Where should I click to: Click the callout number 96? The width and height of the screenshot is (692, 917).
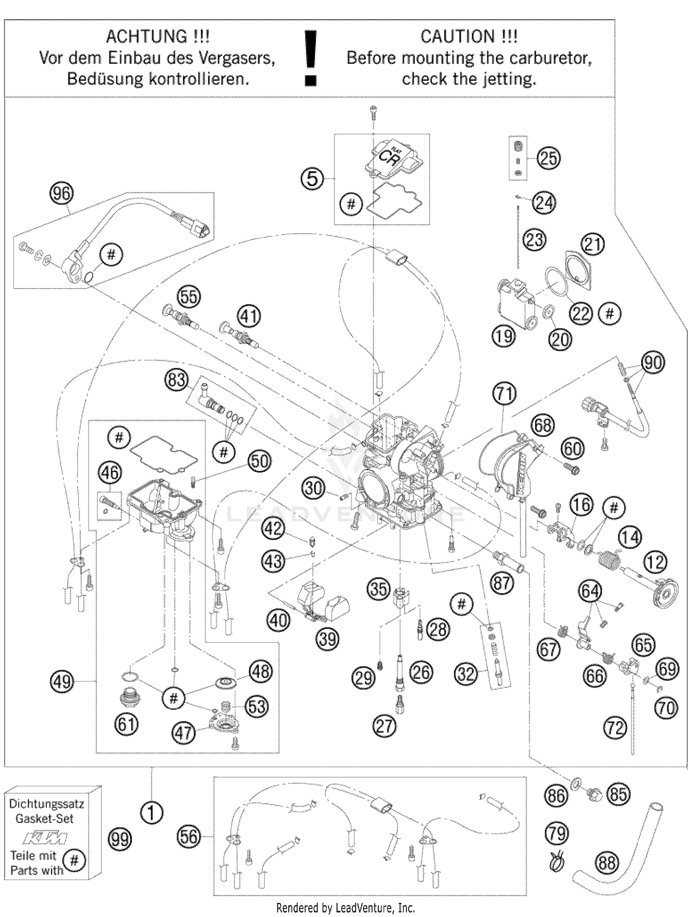click(61, 193)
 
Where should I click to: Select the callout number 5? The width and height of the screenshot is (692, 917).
click(312, 178)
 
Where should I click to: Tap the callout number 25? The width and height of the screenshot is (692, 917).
click(548, 158)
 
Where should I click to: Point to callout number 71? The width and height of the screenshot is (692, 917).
click(504, 393)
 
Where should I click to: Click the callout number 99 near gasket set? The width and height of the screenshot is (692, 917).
click(120, 839)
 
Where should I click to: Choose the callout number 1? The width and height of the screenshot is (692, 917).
click(152, 813)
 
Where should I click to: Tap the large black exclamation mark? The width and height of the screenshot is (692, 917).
click(311, 58)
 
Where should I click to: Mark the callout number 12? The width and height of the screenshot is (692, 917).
click(655, 562)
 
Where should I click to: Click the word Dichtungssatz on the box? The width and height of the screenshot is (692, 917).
click(46, 803)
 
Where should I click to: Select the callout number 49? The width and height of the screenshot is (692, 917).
click(62, 682)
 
